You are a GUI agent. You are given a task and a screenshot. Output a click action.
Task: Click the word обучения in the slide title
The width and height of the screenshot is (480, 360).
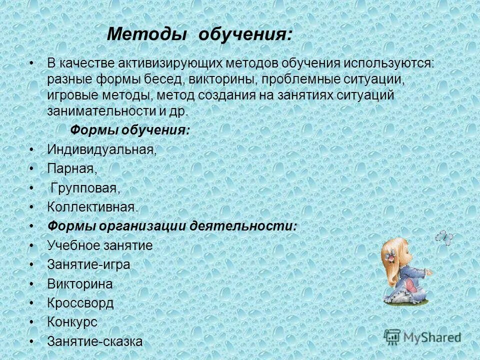245,35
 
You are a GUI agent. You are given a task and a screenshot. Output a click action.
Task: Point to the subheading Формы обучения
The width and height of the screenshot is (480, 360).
129,130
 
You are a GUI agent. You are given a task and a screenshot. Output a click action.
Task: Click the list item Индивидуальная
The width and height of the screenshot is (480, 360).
101,149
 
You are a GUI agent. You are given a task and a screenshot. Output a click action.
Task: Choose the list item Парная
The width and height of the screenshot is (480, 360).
72,169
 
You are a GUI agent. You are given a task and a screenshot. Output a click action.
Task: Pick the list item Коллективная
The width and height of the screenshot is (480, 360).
92,207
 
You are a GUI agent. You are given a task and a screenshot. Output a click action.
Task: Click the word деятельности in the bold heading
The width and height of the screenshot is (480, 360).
243,226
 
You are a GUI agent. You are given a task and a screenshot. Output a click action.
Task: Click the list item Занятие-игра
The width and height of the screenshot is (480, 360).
88,264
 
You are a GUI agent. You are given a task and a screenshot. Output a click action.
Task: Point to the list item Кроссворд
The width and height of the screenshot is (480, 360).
80,303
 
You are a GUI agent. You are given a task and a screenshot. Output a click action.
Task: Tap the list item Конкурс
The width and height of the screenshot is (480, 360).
72,322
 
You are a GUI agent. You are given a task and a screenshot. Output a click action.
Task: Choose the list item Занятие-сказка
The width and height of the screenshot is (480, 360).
95,341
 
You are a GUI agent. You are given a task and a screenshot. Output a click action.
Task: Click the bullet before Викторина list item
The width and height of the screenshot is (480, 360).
32,284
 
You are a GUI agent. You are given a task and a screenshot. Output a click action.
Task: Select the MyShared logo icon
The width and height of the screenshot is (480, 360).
392,336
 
